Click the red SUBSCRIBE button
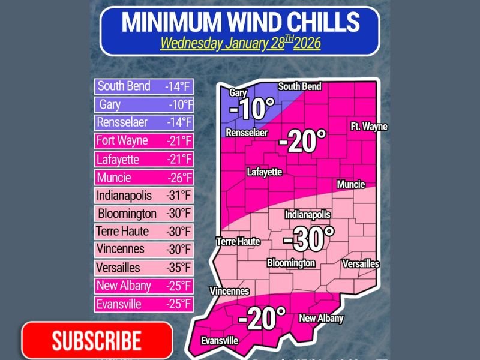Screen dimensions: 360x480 click(x=97, y=340)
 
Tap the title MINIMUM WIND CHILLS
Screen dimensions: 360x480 click(x=240, y=22)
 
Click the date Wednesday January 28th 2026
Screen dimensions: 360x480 click(x=240, y=44)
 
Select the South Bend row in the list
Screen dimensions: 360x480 click(x=144, y=86)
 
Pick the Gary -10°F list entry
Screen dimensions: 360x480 click(x=144, y=105)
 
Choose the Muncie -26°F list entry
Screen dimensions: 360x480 click(x=144, y=178)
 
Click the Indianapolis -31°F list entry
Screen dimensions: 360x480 click(x=144, y=196)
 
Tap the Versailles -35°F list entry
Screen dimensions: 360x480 click(x=144, y=268)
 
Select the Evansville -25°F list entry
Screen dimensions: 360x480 click(x=144, y=304)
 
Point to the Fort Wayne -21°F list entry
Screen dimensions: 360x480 click(x=144, y=141)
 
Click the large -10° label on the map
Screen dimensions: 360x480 click(x=251, y=109)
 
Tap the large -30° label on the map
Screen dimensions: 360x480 click(x=308, y=239)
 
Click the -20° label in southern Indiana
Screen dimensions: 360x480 click(x=262, y=318)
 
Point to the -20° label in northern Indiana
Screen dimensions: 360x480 click(x=302, y=142)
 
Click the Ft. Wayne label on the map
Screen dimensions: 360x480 click(x=369, y=127)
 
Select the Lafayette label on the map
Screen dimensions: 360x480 click(x=264, y=172)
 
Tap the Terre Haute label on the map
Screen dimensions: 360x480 click(x=238, y=242)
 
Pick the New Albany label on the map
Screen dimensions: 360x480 click(x=321, y=319)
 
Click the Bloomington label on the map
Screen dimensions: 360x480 click(x=291, y=263)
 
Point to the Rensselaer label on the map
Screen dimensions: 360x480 click(x=247, y=133)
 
